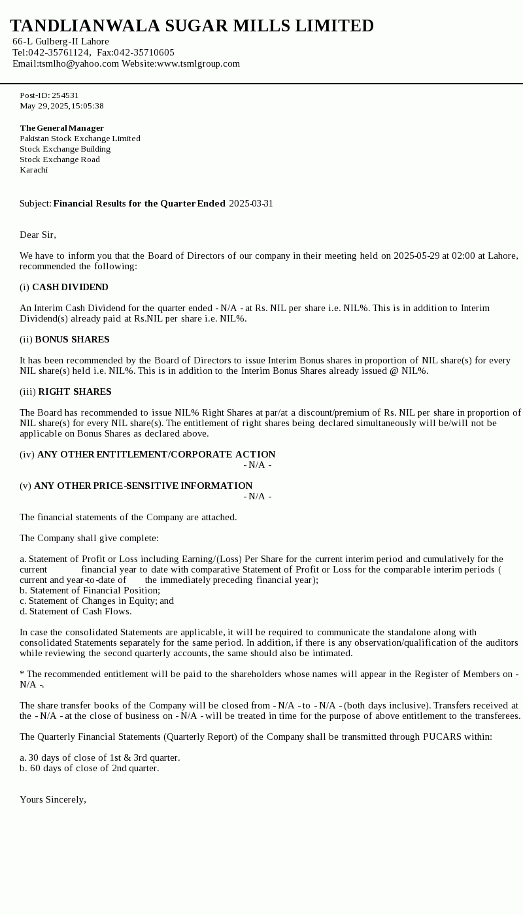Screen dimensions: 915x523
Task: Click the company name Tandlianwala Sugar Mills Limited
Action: (192, 26)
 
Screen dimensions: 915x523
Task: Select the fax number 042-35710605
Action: (144, 52)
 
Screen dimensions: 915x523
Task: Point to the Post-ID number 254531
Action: (65, 95)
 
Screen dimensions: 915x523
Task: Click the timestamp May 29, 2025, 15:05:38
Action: (61, 106)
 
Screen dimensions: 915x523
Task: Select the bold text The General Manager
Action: (61, 128)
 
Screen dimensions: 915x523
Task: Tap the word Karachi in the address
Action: (33, 170)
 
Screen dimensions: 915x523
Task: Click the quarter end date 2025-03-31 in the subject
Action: (251, 203)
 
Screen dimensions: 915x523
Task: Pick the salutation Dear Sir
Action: (38, 235)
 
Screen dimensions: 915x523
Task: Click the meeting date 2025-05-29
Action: (416, 256)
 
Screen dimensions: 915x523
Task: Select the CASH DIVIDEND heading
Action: (70, 287)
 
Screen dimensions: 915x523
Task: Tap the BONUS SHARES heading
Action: (72, 339)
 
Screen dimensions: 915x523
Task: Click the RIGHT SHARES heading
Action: (75, 391)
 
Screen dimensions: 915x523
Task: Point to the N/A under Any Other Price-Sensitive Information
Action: (258, 496)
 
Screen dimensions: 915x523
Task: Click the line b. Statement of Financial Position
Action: (90, 590)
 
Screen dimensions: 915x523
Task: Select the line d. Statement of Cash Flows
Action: (75, 611)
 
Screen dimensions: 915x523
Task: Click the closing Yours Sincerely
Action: (53, 799)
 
